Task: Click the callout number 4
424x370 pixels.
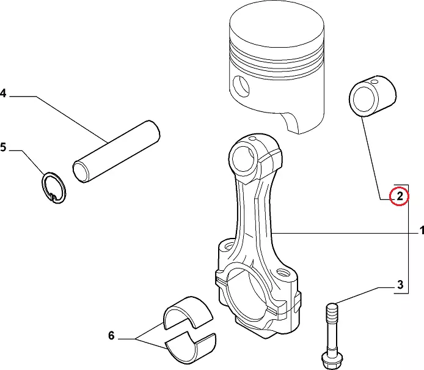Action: pos(2,93)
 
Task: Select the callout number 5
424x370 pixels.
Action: pos(2,147)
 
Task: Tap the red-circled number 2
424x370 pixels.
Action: pos(400,196)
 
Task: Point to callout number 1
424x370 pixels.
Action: pos(422,231)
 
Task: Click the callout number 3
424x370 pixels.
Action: pos(400,285)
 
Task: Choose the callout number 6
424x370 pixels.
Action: pos(111,336)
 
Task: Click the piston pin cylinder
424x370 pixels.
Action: pos(116,152)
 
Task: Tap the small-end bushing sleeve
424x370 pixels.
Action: pos(373,96)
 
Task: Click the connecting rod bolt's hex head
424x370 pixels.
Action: pos(332,360)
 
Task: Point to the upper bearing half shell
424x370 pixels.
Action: pos(188,313)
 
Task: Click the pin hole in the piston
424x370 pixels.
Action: pos(241,86)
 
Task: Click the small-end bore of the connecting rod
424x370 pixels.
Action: pos(243,159)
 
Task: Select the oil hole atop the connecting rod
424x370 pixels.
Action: pos(253,139)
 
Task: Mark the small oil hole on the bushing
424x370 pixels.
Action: pos(375,81)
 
